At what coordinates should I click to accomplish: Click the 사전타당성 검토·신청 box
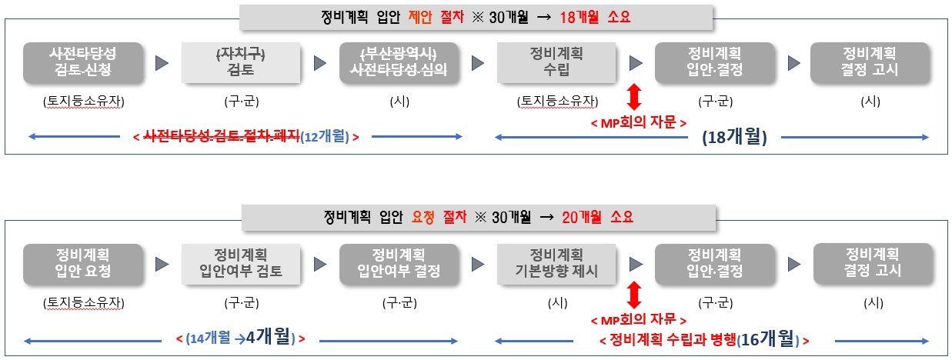[x=83, y=62]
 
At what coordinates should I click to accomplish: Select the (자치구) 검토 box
[x=241, y=62]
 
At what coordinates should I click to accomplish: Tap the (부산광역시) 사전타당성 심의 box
[x=399, y=62]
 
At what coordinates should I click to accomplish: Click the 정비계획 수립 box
[x=556, y=62]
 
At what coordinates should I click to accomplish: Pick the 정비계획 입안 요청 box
[x=83, y=264]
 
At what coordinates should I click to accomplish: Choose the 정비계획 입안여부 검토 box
[x=241, y=264]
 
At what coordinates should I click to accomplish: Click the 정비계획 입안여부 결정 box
[x=399, y=264]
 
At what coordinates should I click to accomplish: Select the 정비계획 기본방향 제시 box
[x=556, y=264]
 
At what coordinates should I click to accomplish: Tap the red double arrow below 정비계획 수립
[x=634, y=97]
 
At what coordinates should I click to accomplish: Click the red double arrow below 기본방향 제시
[x=634, y=295]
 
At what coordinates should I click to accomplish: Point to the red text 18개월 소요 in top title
[x=595, y=18]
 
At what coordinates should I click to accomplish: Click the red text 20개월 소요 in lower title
[x=597, y=217]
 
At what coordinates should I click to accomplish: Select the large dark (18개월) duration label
[x=734, y=137]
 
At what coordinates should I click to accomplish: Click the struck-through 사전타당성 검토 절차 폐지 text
[x=222, y=136]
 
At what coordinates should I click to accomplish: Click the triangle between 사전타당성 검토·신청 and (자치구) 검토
[x=162, y=63]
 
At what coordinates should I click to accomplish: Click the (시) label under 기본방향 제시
[x=557, y=303]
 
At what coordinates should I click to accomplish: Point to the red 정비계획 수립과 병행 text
[x=673, y=339]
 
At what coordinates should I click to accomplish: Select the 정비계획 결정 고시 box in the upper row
[x=870, y=62]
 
